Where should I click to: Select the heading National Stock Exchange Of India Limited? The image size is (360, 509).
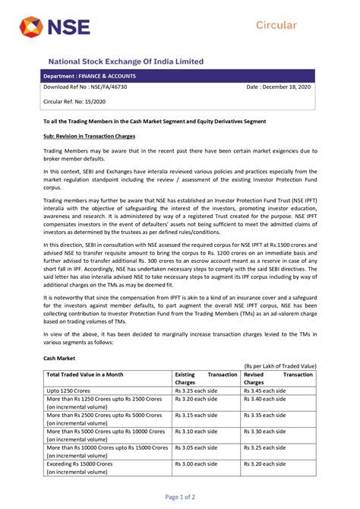coord(126,61)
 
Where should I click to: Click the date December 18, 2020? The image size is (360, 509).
coord(279,87)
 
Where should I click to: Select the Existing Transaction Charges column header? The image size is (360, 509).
coord(206,378)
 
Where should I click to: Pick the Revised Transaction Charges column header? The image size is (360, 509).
coord(278,378)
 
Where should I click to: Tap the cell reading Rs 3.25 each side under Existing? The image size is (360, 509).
coord(196,390)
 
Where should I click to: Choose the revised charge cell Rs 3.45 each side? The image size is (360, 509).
coord(265,390)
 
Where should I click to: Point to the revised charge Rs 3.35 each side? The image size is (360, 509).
coord(265,416)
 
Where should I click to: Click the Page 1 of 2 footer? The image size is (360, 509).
coord(180,497)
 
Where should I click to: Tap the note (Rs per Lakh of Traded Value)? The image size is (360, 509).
coord(280,365)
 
